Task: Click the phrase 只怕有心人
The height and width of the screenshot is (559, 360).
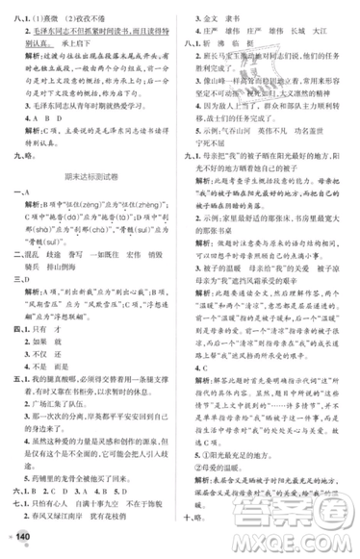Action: tap(68, 501)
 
